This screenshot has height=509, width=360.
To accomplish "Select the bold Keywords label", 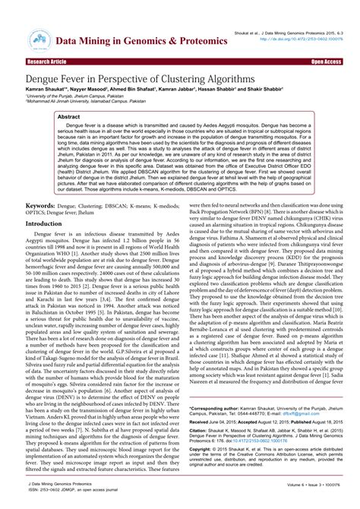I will [x=41, y=206].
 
